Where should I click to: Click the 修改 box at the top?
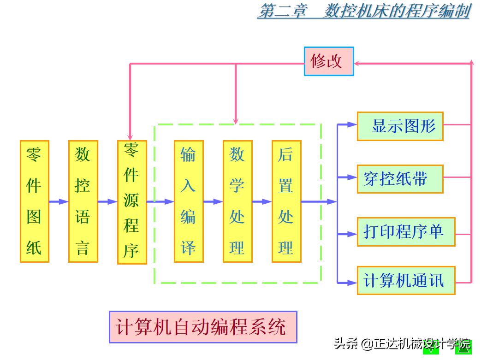click(329, 61)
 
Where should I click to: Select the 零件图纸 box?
click(35, 201)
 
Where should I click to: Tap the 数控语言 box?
click(83, 201)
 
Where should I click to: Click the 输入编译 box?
click(189, 201)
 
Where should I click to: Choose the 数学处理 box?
click(238, 201)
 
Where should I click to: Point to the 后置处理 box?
click(286, 201)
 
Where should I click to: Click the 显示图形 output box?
click(400, 126)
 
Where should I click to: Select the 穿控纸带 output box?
click(400, 179)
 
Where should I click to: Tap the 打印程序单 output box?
click(406, 231)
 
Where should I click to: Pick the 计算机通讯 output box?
click(406, 280)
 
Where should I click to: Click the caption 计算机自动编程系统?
click(202, 327)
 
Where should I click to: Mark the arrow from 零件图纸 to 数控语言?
click(59, 201)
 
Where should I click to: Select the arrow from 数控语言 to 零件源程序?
click(107, 201)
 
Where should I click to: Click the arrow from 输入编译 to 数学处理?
click(213, 201)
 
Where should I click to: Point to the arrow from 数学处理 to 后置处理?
click(262, 201)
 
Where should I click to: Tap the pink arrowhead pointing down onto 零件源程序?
click(130, 136)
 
